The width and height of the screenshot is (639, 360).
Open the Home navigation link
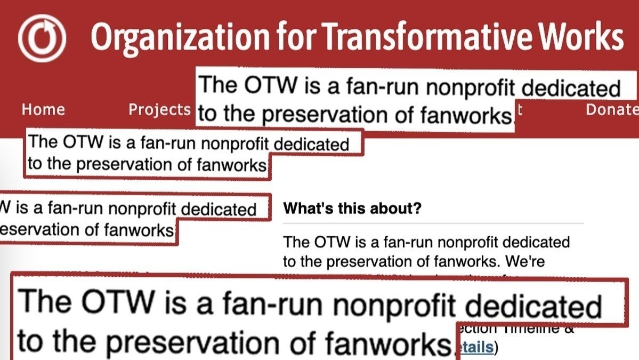[43, 110]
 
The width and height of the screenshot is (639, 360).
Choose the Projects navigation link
[159, 110]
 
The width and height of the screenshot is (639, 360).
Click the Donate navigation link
[612, 110]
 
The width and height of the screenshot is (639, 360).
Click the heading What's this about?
[352, 209]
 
